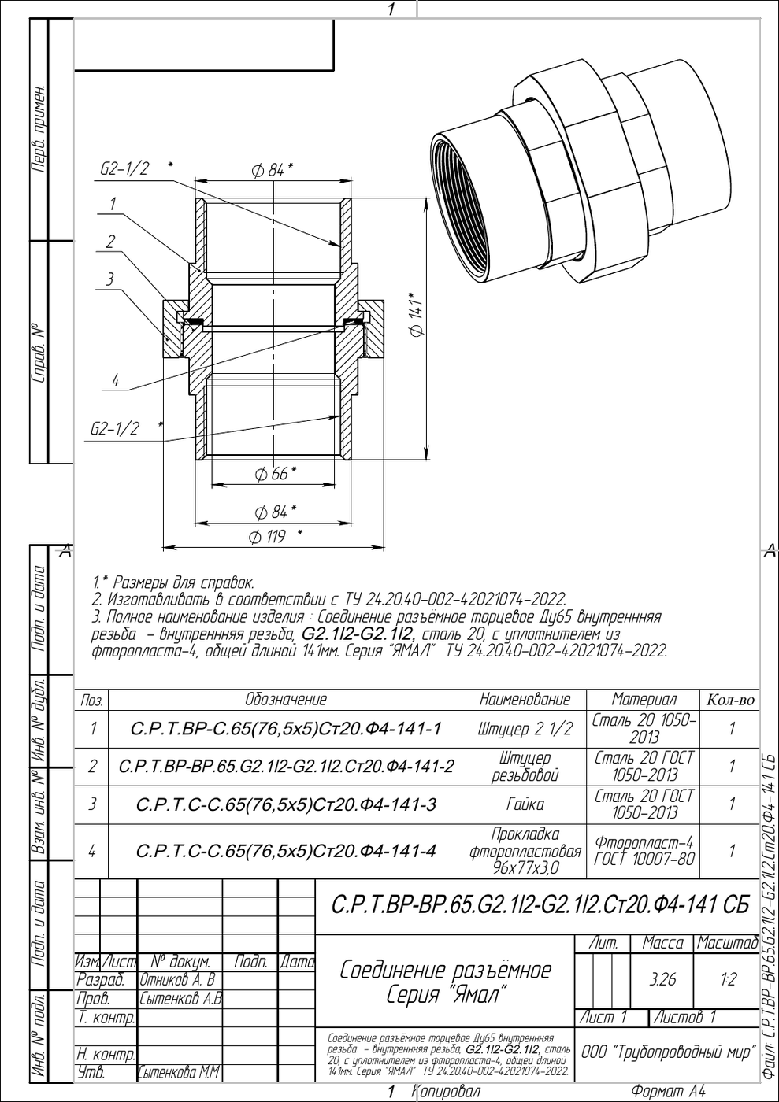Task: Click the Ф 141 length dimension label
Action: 417,316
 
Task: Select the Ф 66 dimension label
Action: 275,474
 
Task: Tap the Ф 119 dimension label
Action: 275,536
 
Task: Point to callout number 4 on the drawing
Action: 115,380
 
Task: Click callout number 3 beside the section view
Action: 109,279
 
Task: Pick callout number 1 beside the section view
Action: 113,203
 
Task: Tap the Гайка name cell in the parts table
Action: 525,804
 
